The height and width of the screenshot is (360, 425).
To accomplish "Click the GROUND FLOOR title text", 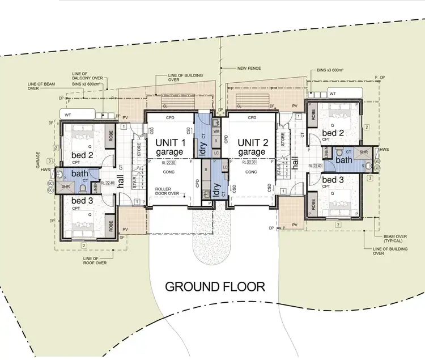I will click(215, 286).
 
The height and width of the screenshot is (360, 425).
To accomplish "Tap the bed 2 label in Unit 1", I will click(83, 155).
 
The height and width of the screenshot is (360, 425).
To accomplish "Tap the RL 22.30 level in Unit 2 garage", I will click(250, 162).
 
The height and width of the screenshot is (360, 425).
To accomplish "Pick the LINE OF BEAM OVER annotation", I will click(42, 86).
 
